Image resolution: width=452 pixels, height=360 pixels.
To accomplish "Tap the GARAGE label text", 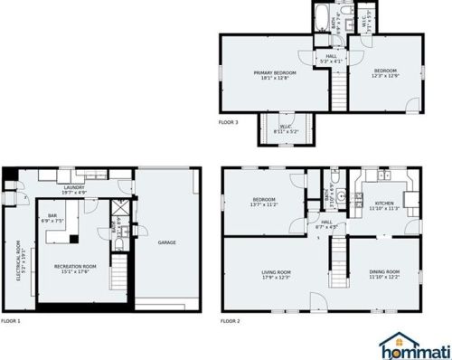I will pos(166,242).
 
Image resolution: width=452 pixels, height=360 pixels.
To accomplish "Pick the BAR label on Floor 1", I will pos(52,215).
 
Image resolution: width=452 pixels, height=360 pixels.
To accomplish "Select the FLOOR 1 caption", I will pos(11,321).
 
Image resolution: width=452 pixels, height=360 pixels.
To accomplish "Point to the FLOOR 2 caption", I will pos(231,321).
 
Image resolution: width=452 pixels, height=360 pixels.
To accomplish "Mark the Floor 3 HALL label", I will pos(331,57).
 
